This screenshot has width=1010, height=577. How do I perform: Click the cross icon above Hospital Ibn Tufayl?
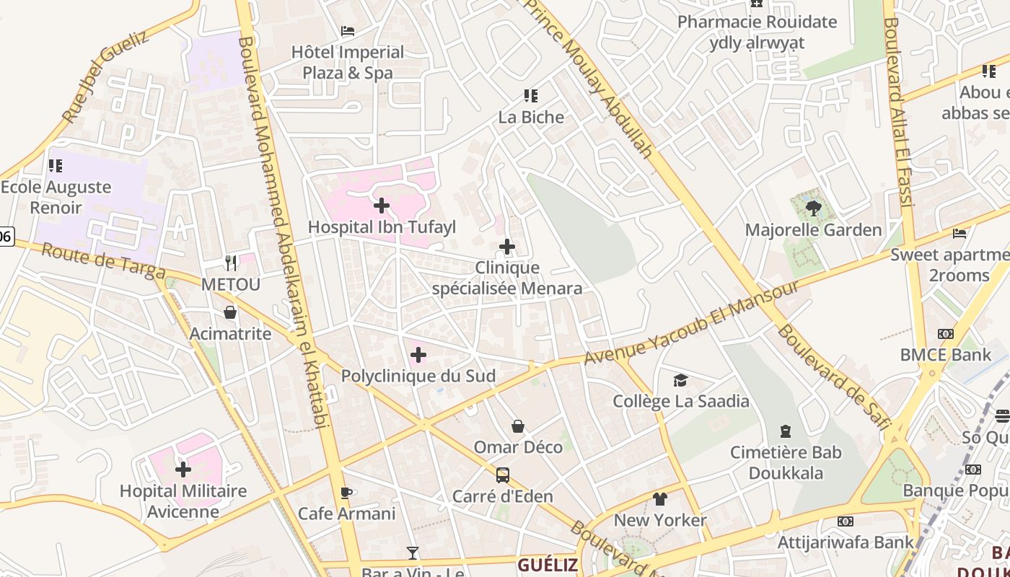coord(382,206)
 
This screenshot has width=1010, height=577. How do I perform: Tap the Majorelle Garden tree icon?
coord(813,209)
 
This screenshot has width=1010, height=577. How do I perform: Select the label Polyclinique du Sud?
coord(418,376)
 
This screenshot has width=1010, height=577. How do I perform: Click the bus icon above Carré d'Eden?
coord(503,475)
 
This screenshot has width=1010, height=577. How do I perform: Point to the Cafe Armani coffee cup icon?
coord(346,493)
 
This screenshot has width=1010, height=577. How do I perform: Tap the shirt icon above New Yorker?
coord(659,499)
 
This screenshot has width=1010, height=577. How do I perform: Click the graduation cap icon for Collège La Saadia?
coord(680,380)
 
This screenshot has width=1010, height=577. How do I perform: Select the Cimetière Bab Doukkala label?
coord(786,462)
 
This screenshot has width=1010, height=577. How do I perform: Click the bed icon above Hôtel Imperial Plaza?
coord(348,31)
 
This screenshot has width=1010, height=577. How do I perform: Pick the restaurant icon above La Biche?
coord(531,96)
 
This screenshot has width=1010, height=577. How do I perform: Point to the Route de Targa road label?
coord(103,262)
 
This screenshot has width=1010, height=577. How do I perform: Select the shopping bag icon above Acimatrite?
coord(230,312)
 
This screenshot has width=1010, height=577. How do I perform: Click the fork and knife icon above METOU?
coord(231,263)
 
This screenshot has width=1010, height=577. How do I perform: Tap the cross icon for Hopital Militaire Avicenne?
coord(183,470)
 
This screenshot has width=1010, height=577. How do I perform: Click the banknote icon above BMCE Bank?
coord(945,334)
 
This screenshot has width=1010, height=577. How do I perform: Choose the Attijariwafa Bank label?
coord(845,541)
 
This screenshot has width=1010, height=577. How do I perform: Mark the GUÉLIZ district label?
coord(548,565)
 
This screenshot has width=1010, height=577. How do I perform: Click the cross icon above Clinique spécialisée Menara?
coord(507,247)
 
